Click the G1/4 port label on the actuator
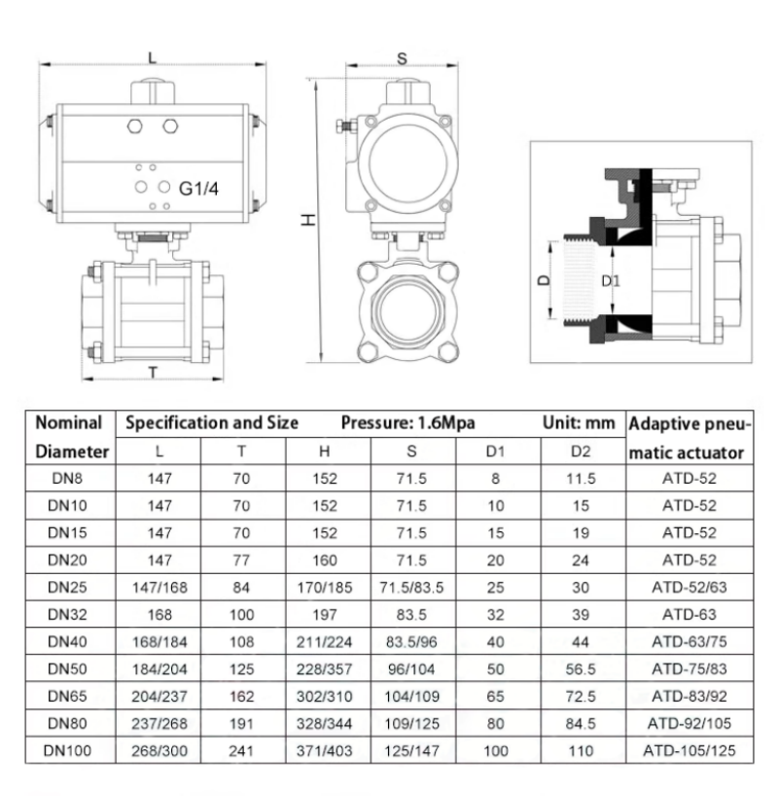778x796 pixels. [x=198, y=189]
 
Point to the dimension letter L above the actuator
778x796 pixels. [x=153, y=57]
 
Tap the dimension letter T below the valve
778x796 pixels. [x=154, y=373]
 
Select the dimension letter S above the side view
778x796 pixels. [x=402, y=59]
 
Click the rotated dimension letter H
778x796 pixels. [x=307, y=220]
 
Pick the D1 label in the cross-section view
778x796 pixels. [x=611, y=280]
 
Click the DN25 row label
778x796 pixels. [x=67, y=588]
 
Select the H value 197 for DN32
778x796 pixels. [x=324, y=615]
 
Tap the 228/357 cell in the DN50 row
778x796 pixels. [x=324, y=669]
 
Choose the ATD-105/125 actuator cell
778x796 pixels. [x=690, y=750]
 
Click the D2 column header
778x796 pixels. [x=581, y=452]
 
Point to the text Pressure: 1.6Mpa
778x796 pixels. [x=408, y=423]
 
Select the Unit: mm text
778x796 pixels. [x=579, y=422]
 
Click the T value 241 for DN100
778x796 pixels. [x=241, y=750]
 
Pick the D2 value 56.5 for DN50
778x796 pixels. [x=581, y=669]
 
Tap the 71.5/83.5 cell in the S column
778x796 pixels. [x=411, y=588]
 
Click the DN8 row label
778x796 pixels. [x=67, y=479]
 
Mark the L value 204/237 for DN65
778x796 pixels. [x=159, y=696]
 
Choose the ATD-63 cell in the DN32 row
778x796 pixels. [x=690, y=615]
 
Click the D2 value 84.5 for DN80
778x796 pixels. [x=581, y=723]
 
